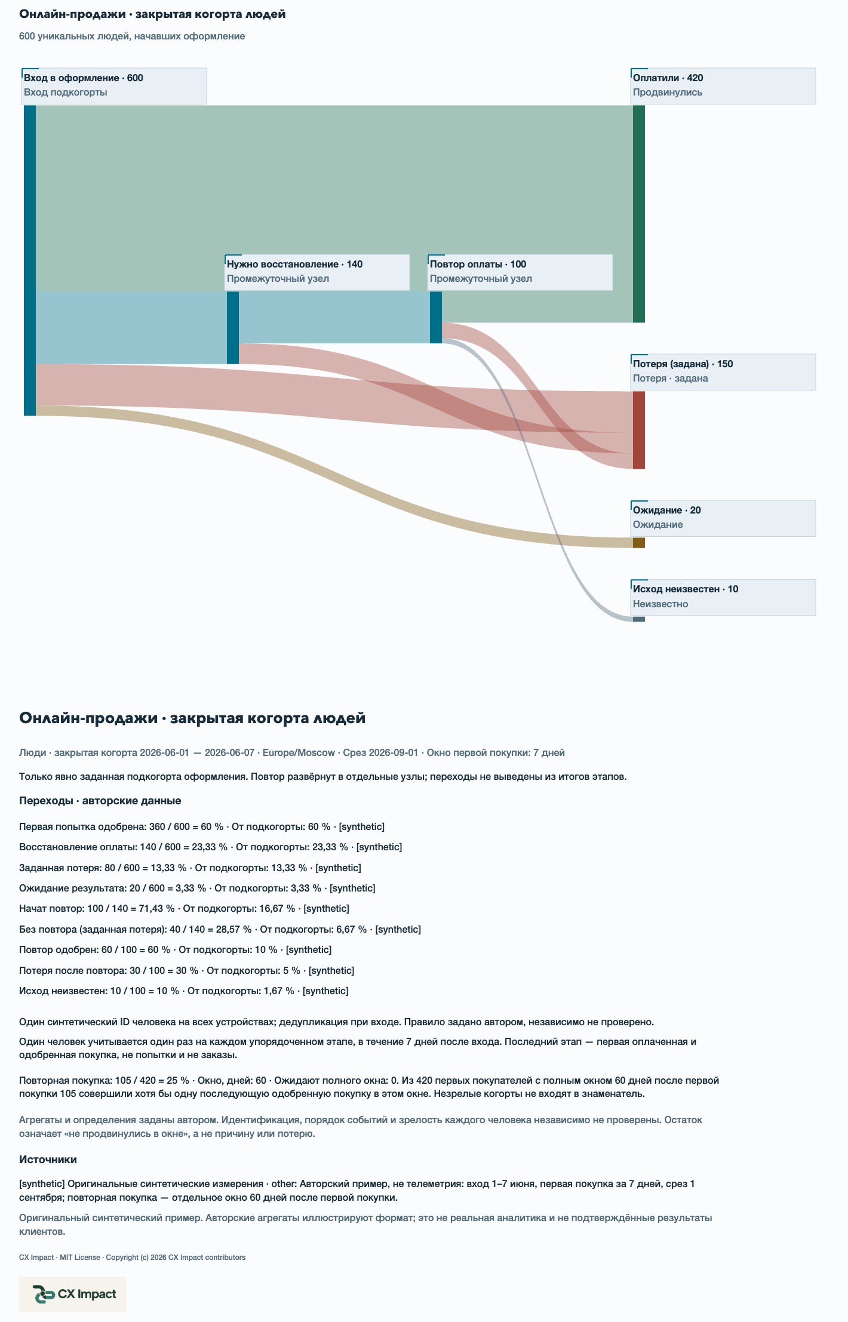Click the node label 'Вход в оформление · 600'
(x=84, y=78)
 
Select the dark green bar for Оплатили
(x=639, y=214)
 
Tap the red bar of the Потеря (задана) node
(x=639, y=430)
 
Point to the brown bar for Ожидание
(x=639, y=543)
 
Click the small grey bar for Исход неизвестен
(x=639, y=619)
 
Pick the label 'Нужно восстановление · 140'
(x=294, y=265)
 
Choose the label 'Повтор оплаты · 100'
(x=478, y=265)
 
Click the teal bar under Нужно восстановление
(x=233, y=327)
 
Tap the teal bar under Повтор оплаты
(x=436, y=317)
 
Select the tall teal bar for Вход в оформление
(x=30, y=260)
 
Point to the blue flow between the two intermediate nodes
(x=334, y=317)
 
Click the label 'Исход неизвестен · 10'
(x=686, y=589)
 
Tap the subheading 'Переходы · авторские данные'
(x=100, y=801)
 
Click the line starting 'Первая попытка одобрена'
(x=202, y=827)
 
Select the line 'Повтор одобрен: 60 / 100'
(x=175, y=950)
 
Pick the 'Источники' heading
(x=48, y=1160)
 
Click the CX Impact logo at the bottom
(x=73, y=1295)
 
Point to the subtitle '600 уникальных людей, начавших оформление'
(x=132, y=36)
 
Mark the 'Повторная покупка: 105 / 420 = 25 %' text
(x=104, y=1081)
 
